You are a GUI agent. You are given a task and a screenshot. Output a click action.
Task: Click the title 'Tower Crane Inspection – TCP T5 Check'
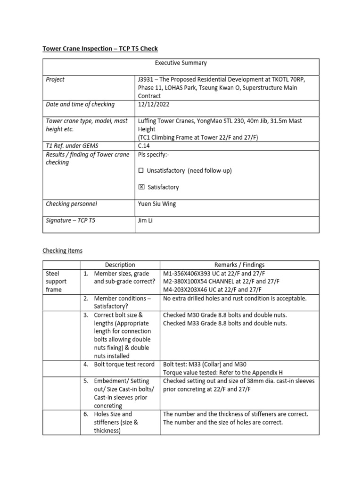tap(100, 49)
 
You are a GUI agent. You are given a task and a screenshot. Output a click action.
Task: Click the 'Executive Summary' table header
tap(181, 63)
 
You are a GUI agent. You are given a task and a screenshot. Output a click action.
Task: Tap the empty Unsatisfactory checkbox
tap(141, 171)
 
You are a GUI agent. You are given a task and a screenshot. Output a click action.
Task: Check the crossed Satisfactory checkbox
tap(141, 187)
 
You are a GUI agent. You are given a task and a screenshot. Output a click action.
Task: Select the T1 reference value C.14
tap(144, 146)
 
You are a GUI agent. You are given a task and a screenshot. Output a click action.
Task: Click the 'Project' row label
tap(56, 79)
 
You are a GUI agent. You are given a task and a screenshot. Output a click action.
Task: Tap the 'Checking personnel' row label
tap(71, 204)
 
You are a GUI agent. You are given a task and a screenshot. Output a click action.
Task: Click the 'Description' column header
tap(120, 265)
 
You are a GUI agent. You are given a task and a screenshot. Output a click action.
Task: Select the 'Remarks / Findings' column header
tap(239, 265)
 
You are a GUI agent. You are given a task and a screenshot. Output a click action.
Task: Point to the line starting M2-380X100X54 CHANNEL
tap(221, 281)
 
